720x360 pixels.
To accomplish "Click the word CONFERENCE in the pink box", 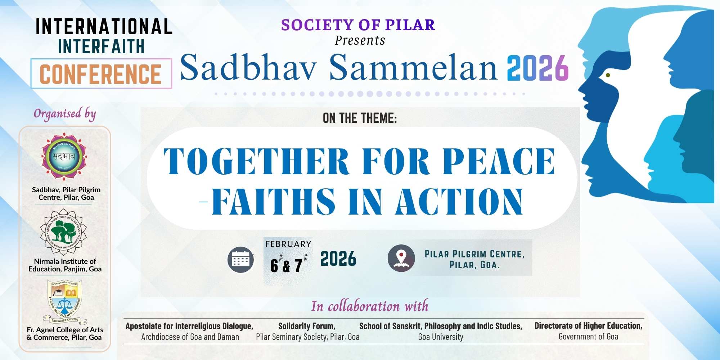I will [100, 75].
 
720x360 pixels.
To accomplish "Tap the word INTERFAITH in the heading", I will [101, 47].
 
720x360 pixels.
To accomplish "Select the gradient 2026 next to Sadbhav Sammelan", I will [537, 68].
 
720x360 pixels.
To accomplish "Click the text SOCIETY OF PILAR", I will [358, 25].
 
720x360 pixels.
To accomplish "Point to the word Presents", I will [360, 40].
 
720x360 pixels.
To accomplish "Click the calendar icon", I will [241, 259].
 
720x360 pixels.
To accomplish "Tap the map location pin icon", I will [401, 258].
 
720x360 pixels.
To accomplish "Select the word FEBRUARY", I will [288, 244].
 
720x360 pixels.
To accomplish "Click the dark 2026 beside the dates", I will [338, 259].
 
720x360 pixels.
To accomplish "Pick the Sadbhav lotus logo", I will [64, 157].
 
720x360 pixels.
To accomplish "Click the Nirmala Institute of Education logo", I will [63, 232].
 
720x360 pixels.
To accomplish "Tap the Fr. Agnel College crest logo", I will [65, 302].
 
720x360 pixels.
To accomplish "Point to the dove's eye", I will [608, 75].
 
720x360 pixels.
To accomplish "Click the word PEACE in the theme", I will [499, 162].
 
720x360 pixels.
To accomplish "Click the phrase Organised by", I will [65, 114].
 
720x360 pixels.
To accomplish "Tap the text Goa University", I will [441, 337].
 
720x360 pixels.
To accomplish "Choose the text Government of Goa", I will [588, 337].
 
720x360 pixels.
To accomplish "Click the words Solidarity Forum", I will [307, 326].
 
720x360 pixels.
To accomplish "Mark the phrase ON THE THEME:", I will [360, 118].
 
